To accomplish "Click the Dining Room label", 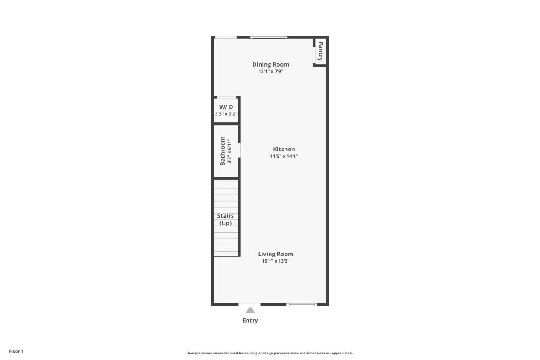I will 270,65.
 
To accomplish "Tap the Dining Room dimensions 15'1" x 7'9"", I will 270,72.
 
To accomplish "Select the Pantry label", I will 321,51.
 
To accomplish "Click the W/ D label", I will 226,107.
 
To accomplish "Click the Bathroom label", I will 223,151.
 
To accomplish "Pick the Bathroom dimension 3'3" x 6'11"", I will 229,151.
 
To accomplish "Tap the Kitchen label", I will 284,149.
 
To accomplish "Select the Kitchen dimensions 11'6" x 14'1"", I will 284,156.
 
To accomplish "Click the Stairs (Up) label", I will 225,219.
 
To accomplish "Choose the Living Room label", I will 276,254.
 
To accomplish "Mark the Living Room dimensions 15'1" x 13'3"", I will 276,261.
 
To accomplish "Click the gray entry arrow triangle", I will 250,310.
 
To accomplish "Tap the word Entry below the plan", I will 250,321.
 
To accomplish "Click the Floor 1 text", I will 16,351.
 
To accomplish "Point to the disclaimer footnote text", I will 270,353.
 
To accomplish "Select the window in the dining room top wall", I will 269,37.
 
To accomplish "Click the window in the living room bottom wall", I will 301,305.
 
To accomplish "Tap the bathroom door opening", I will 240,150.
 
